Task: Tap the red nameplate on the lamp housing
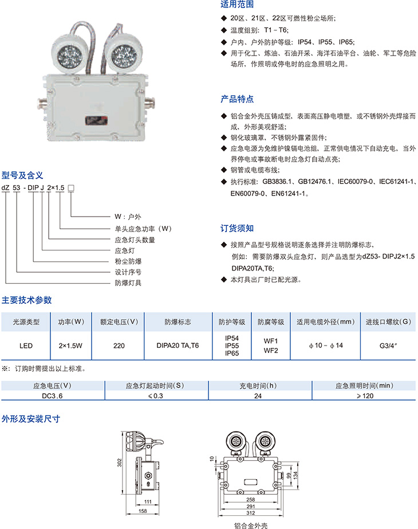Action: pos(96,120)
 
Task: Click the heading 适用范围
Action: pos(237,5)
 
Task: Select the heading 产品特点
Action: pos(237,99)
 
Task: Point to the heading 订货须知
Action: pos(237,229)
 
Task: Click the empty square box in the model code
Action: pos(71,188)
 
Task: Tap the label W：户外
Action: pos(128,217)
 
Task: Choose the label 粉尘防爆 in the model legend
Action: pos(128,261)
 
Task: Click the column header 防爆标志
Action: pos(178,322)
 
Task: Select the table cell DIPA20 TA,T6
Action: pos(178,346)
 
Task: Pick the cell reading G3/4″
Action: pos(388,346)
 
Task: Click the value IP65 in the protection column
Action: pos(232,353)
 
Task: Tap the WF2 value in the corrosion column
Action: pos(271,351)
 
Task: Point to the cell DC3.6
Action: pos(52,395)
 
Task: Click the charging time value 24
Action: pos(258,395)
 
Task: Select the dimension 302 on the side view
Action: pos(119,462)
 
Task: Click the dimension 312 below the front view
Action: pos(250,513)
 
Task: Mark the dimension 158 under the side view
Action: pos(143,511)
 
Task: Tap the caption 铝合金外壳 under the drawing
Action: pos(251,526)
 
